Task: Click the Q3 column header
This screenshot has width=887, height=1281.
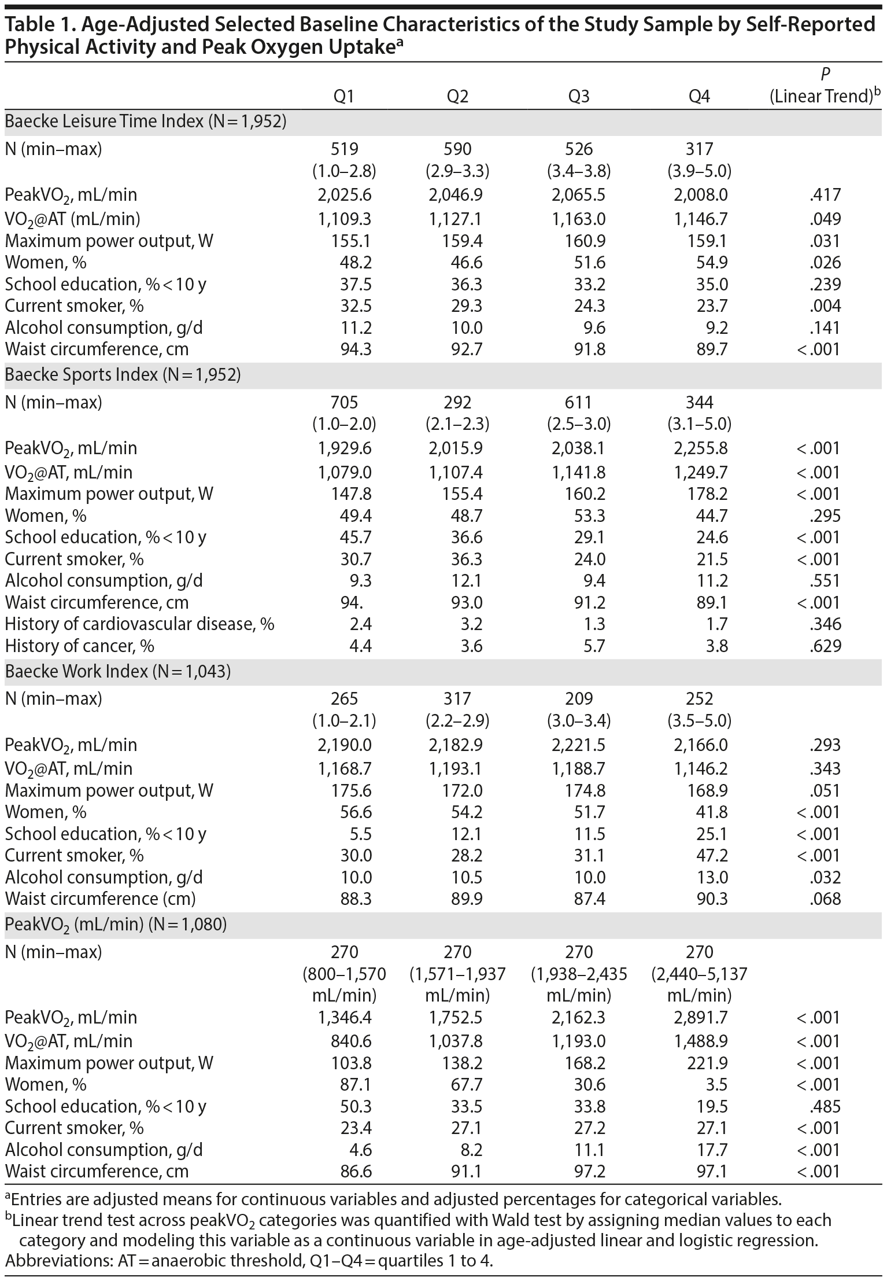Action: click(x=579, y=96)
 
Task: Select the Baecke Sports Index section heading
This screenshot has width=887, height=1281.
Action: click(x=123, y=375)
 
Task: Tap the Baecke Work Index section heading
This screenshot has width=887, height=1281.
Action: click(x=118, y=671)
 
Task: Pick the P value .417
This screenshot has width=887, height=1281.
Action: click(x=825, y=195)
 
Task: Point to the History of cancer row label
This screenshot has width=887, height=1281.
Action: click(x=80, y=646)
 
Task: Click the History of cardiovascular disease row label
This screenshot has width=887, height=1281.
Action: click(x=139, y=624)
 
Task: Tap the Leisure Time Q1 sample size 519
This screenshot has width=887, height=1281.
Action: click(x=345, y=149)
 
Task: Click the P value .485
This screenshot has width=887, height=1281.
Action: click(x=825, y=1106)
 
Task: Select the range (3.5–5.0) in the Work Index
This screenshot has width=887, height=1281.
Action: click(x=700, y=721)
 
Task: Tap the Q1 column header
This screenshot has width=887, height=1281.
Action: click(x=345, y=96)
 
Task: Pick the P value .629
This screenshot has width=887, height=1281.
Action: click(x=825, y=646)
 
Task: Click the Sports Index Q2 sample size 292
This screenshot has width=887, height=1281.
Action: click(x=458, y=402)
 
